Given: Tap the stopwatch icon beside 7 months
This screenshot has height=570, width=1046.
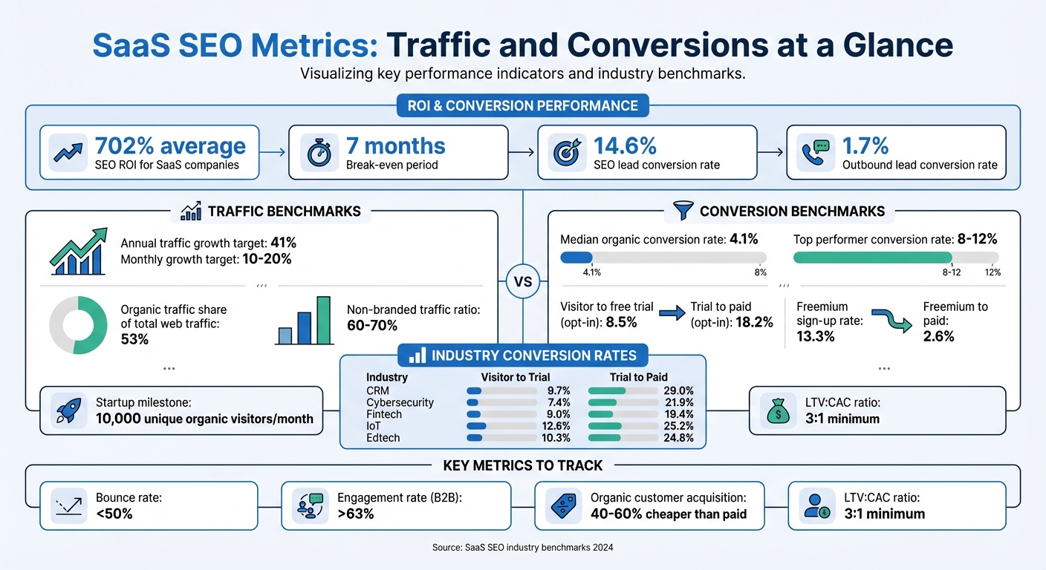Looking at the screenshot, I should [x=319, y=152].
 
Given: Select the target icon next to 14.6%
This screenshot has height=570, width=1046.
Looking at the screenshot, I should [x=568, y=152].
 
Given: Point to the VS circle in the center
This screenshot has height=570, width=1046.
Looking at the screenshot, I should [x=523, y=282].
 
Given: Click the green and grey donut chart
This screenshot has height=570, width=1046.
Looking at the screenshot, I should [x=79, y=325].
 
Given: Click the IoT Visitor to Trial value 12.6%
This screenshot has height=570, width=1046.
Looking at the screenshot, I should [x=556, y=426].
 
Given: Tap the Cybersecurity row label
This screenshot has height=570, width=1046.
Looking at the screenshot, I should [x=400, y=402].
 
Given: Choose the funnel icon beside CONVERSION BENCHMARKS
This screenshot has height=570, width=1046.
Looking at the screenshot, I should [x=683, y=211].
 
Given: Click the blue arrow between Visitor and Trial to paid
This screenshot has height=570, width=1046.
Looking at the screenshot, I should [x=672, y=313].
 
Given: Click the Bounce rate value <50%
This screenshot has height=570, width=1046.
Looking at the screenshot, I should [x=114, y=514].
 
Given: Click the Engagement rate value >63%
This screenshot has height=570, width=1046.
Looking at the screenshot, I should [x=356, y=514].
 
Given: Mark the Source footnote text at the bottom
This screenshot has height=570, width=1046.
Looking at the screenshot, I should [x=523, y=548].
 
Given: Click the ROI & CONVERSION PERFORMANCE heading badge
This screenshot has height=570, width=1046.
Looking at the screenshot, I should [x=523, y=105].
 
